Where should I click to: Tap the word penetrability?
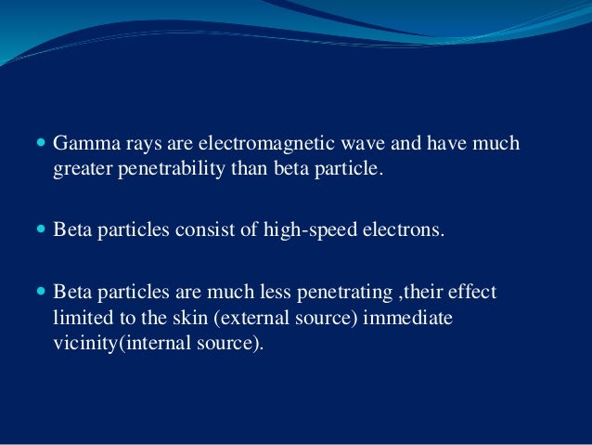pos(165,171)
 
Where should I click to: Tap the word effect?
pos(475,292)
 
